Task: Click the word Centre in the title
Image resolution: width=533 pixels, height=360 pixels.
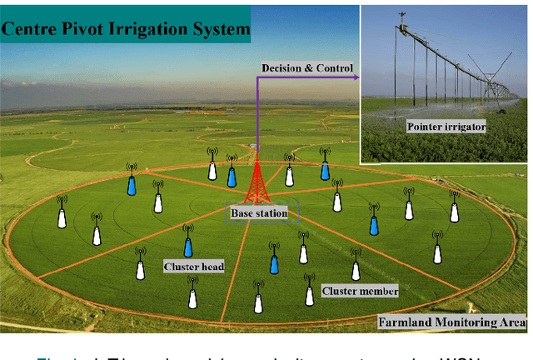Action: (32, 31)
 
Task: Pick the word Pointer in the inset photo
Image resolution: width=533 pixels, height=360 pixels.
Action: (426, 127)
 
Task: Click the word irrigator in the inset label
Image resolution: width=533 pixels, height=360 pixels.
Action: (467, 127)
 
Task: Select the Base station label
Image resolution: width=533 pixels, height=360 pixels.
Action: (259, 213)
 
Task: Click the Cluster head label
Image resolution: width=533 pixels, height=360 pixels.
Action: (194, 267)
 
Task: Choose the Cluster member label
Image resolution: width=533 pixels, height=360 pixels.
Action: (360, 291)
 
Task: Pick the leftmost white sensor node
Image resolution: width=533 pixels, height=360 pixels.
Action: (62, 217)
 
